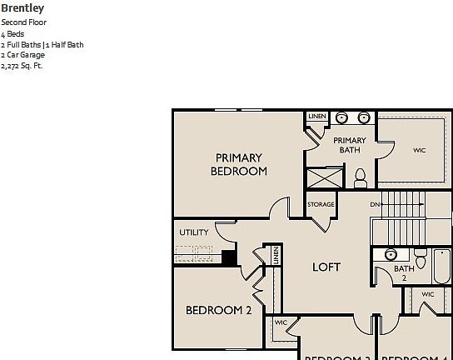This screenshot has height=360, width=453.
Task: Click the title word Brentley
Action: (22, 8)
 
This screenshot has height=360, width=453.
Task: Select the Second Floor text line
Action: (24, 22)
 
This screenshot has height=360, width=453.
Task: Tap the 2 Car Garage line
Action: (23, 55)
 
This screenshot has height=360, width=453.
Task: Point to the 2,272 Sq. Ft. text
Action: (22, 66)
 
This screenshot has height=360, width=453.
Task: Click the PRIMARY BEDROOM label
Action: (239, 164)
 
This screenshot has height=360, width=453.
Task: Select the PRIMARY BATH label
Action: (350, 146)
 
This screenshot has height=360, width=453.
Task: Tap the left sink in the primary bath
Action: (341, 118)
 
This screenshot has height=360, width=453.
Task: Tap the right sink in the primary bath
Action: (365, 118)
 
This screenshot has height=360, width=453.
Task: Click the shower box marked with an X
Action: (325, 178)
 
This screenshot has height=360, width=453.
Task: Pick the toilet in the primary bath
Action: (361, 177)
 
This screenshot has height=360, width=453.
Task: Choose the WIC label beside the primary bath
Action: (419, 151)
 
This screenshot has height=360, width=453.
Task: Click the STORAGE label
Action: (321, 204)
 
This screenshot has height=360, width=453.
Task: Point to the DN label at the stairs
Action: (376, 204)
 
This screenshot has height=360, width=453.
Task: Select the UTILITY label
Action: (193, 232)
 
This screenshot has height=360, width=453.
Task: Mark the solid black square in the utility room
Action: (229, 257)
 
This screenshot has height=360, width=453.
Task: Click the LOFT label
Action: (326, 267)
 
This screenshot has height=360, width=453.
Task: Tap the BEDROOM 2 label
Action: (218, 310)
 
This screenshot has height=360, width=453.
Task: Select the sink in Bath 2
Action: (391, 255)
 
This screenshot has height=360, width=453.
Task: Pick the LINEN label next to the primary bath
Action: (316, 117)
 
